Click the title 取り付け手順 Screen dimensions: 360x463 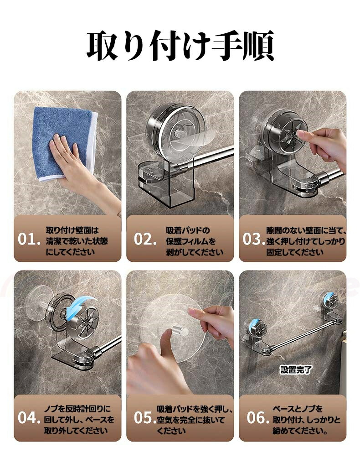point(180,45)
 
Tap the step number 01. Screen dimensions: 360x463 point(29,239)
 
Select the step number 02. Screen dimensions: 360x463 point(145,239)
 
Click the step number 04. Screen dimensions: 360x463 point(29,418)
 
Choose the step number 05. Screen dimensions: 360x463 point(145,418)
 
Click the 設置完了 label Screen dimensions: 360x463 point(296,369)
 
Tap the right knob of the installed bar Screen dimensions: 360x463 point(331,300)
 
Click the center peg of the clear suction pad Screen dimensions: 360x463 point(180,330)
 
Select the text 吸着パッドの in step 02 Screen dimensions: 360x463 point(188,230)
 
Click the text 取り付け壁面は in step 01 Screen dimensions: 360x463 point(72,230)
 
